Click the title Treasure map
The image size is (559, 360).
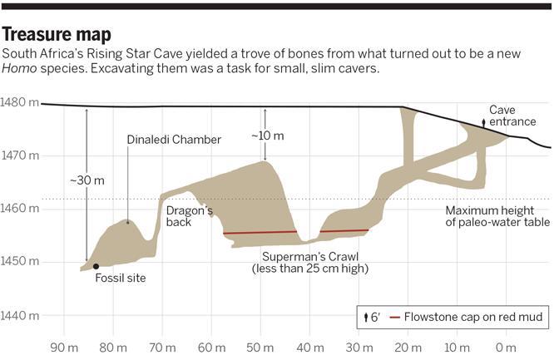pos(57,35)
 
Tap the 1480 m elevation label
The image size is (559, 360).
pos(20,102)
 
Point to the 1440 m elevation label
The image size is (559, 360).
pos(20,316)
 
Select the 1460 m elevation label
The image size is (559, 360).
pos(20,209)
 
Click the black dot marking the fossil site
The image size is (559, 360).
pos(96,267)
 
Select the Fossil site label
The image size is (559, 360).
pos(121,279)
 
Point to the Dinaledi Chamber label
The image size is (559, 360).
pos(174,140)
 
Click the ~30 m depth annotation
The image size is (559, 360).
pos(87,180)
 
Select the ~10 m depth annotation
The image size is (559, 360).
pos(267,136)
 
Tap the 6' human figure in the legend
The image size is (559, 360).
pos(367,318)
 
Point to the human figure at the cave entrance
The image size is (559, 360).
pos(484,123)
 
